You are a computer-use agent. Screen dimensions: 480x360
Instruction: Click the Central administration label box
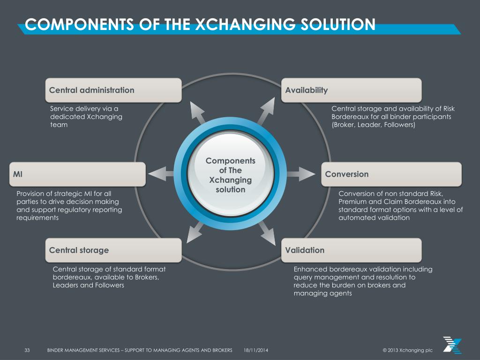113,90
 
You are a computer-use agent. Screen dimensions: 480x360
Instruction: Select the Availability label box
351,90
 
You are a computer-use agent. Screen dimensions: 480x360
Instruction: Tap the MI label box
77,174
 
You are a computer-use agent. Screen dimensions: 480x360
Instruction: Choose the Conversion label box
391,174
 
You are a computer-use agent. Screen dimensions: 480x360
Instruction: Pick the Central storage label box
113,250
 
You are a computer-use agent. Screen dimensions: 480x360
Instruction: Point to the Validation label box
351,250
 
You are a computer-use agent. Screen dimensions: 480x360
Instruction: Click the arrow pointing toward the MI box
162,173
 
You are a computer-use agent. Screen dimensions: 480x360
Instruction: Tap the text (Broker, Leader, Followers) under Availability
373,125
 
